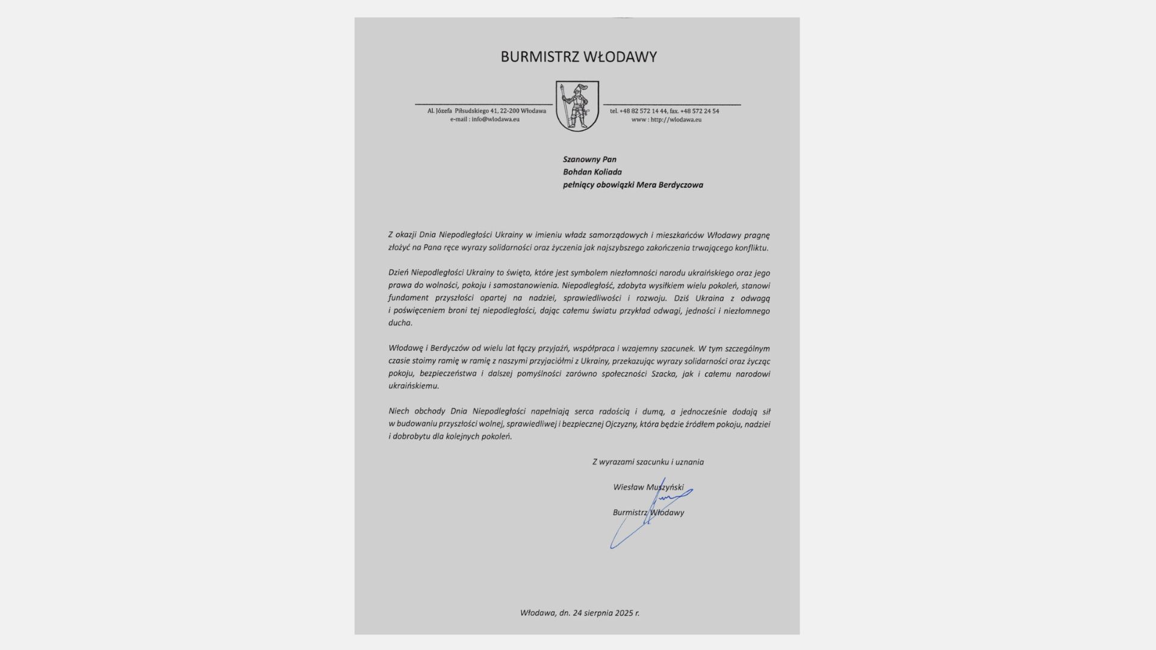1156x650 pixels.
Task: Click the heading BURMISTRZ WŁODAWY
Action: coord(578,57)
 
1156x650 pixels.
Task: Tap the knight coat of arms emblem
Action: coord(577,106)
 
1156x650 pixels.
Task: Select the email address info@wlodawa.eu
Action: coord(495,119)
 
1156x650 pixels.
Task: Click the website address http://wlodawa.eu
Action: coord(676,119)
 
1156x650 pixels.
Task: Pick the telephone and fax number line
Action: coord(664,111)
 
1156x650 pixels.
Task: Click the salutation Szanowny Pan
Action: coord(589,159)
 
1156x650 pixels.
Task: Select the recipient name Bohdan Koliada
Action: coord(592,172)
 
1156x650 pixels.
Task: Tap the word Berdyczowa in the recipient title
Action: coord(680,185)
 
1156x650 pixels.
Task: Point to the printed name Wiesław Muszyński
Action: coord(648,487)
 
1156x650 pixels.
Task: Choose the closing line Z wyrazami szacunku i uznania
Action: coord(648,462)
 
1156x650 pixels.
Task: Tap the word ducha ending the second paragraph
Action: coord(400,323)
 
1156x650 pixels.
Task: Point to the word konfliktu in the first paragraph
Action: coord(751,248)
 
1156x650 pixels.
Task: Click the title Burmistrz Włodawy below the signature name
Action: coord(648,513)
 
